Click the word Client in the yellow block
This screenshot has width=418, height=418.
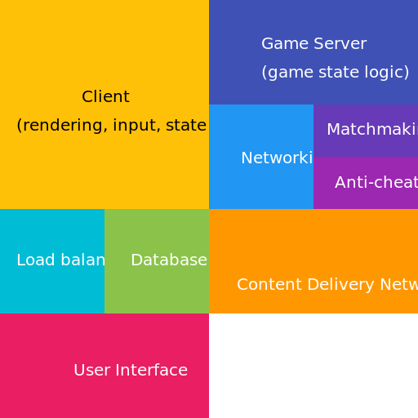coord(105,97)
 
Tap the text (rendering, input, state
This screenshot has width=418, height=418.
coord(111,126)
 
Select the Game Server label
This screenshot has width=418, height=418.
coord(313,44)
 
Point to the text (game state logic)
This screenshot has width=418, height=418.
coord(335,73)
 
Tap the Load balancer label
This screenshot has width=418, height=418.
coord(60,260)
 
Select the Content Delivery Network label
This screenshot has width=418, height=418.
coord(327,285)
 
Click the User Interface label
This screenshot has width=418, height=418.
coord(131,371)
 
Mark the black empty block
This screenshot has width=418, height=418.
coord(313,366)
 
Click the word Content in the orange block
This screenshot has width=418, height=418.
coord(264,285)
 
